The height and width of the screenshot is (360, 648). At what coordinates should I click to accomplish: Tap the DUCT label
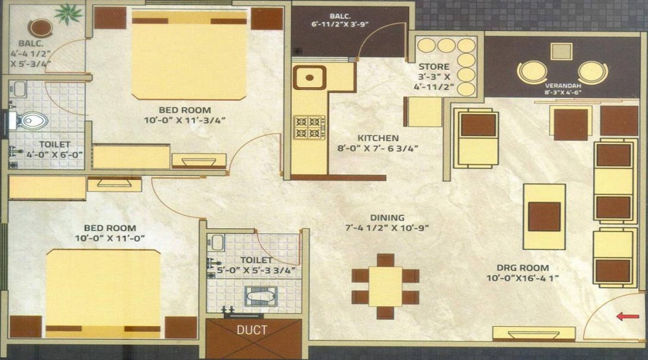coord(251,330)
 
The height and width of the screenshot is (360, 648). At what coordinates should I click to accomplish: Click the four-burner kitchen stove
coord(309,127)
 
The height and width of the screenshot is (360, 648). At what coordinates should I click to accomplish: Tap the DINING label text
coord(387,217)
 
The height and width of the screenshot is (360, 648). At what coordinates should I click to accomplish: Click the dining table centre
coord(386,286)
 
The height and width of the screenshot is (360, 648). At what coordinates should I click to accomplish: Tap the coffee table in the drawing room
coord(544,216)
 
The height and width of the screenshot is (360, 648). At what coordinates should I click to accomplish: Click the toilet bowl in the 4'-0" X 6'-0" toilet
coord(32,120)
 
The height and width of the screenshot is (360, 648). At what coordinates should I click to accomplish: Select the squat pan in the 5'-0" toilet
coord(256,295)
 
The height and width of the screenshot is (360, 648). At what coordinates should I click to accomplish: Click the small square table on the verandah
coord(561,51)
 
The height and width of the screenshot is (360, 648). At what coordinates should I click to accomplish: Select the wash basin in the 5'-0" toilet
coord(217,243)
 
